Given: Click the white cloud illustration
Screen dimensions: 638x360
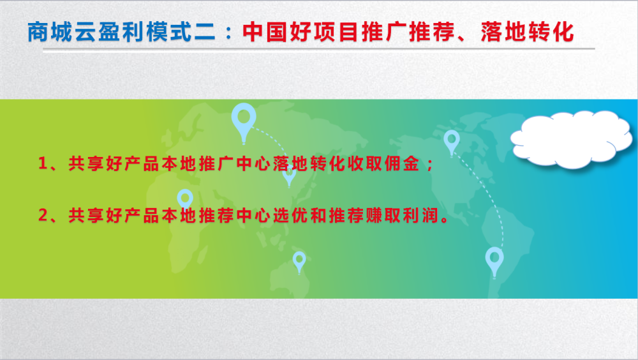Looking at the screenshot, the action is point(571,139).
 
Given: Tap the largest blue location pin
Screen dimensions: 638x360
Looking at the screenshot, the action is point(244,123).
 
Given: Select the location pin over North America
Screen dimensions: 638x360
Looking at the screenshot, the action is point(452,142).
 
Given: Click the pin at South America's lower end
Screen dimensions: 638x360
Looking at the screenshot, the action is point(494,262).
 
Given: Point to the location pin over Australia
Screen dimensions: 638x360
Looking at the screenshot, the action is point(299,262).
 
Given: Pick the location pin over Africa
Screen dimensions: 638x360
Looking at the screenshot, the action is point(185,200).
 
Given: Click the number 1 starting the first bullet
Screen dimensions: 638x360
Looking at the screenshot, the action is point(43,163).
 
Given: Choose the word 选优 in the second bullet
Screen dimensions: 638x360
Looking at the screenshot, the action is point(290,216).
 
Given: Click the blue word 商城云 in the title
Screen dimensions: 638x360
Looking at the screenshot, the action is point(62,32).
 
